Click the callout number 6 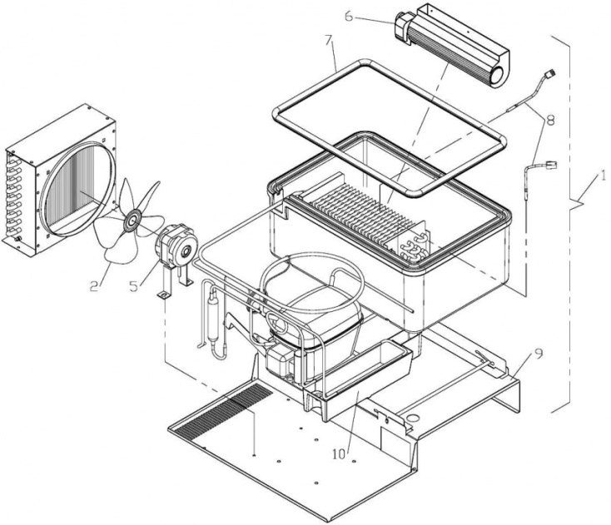point(349,17)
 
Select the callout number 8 point(550,121)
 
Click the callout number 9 point(538,354)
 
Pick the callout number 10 point(339,454)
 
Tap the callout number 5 point(134,286)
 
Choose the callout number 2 point(94,286)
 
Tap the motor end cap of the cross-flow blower point(402,27)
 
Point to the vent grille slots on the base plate point(223,409)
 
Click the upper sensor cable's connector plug point(550,73)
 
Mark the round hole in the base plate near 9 point(411,419)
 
